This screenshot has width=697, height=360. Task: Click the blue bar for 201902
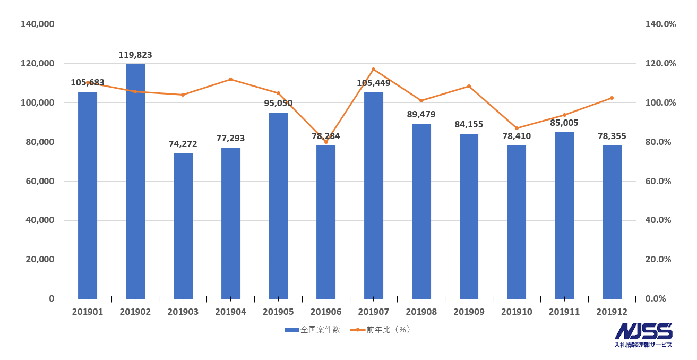135,181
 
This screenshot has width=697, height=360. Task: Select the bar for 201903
183,226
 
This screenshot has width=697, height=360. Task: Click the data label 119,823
135,55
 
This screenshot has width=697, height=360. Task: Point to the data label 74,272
183,144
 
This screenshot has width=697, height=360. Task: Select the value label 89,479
421,115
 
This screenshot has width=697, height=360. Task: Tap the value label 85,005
564,123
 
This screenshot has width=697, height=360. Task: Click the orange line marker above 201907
374,69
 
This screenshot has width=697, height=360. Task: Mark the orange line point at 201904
230,79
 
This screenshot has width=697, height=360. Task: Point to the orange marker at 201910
517,128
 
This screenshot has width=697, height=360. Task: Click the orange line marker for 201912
612,98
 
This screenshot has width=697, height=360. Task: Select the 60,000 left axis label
40,181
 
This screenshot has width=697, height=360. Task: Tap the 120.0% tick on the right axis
660,63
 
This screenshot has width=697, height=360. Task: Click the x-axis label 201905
278,312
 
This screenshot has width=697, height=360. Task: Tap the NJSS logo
643,335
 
